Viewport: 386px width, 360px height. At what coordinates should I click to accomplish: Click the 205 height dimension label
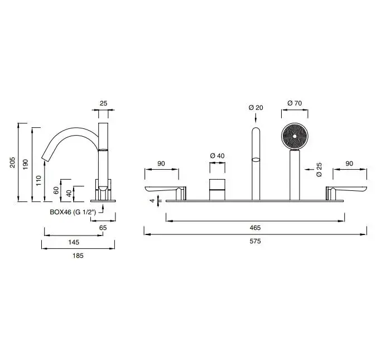[x=13, y=162]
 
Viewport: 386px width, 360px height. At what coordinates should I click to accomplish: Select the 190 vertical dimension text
[x=25, y=164]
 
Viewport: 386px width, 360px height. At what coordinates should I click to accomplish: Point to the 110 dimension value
[x=38, y=180]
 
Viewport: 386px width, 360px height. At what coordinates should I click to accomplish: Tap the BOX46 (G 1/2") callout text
[x=73, y=212]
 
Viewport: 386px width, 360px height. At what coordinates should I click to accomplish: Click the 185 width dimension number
[x=78, y=256]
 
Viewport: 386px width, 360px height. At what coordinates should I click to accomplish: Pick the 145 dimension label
[x=74, y=242]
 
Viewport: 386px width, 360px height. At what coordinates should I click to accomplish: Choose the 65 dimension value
[x=103, y=228]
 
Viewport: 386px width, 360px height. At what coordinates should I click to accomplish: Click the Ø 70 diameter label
[x=295, y=103]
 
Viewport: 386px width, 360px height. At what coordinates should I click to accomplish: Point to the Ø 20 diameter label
[x=256, y=108]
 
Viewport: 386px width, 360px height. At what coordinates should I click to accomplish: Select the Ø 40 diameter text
[x=217, y=156]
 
